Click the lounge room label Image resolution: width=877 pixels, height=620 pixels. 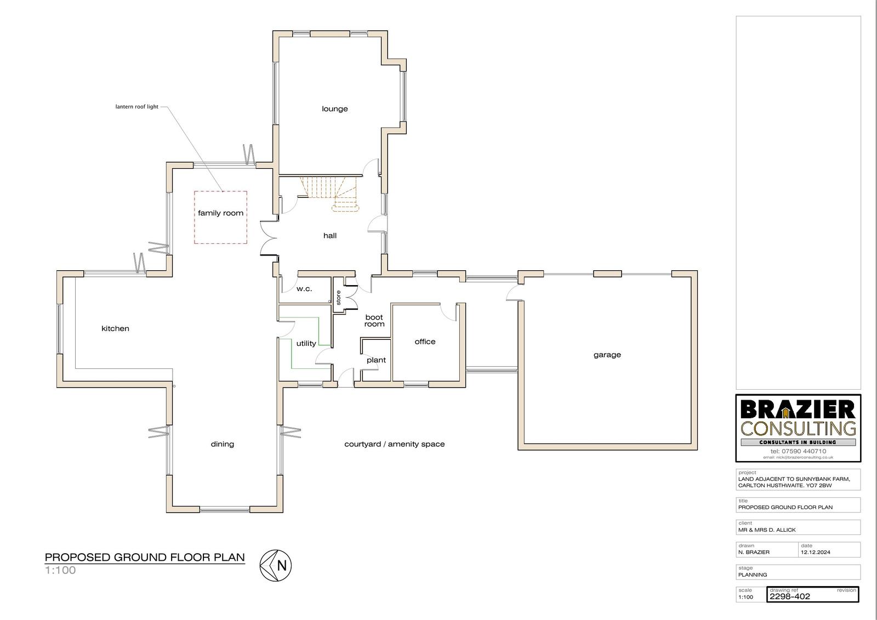[335, 109]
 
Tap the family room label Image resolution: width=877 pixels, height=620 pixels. [220, 213]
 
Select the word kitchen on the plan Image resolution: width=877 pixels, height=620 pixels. [115, 328]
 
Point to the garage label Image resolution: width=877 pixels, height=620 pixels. [607, 355]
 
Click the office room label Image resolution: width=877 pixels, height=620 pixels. [425, 342]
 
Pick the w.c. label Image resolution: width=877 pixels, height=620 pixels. [304, 289]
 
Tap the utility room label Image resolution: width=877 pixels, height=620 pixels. [306, 344]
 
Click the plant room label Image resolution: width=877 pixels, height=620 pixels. [376, 360]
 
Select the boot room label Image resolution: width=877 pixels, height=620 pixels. [374, 320]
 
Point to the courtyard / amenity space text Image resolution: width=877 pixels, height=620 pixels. [394, 444]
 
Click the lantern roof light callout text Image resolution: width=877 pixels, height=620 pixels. [136, 106]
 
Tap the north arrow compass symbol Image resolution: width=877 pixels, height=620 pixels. [276, 565]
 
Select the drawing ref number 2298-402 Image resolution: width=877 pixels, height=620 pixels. [789, 596]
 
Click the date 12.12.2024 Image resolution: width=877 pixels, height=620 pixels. [816, 552]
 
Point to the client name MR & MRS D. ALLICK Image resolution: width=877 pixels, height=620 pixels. [767, 530]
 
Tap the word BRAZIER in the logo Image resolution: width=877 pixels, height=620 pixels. [798, 409]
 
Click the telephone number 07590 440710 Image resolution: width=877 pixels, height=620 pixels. [804, 451]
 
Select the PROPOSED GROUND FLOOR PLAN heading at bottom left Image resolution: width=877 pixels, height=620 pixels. [145, 558]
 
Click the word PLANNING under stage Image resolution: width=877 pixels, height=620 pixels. [753, 575]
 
